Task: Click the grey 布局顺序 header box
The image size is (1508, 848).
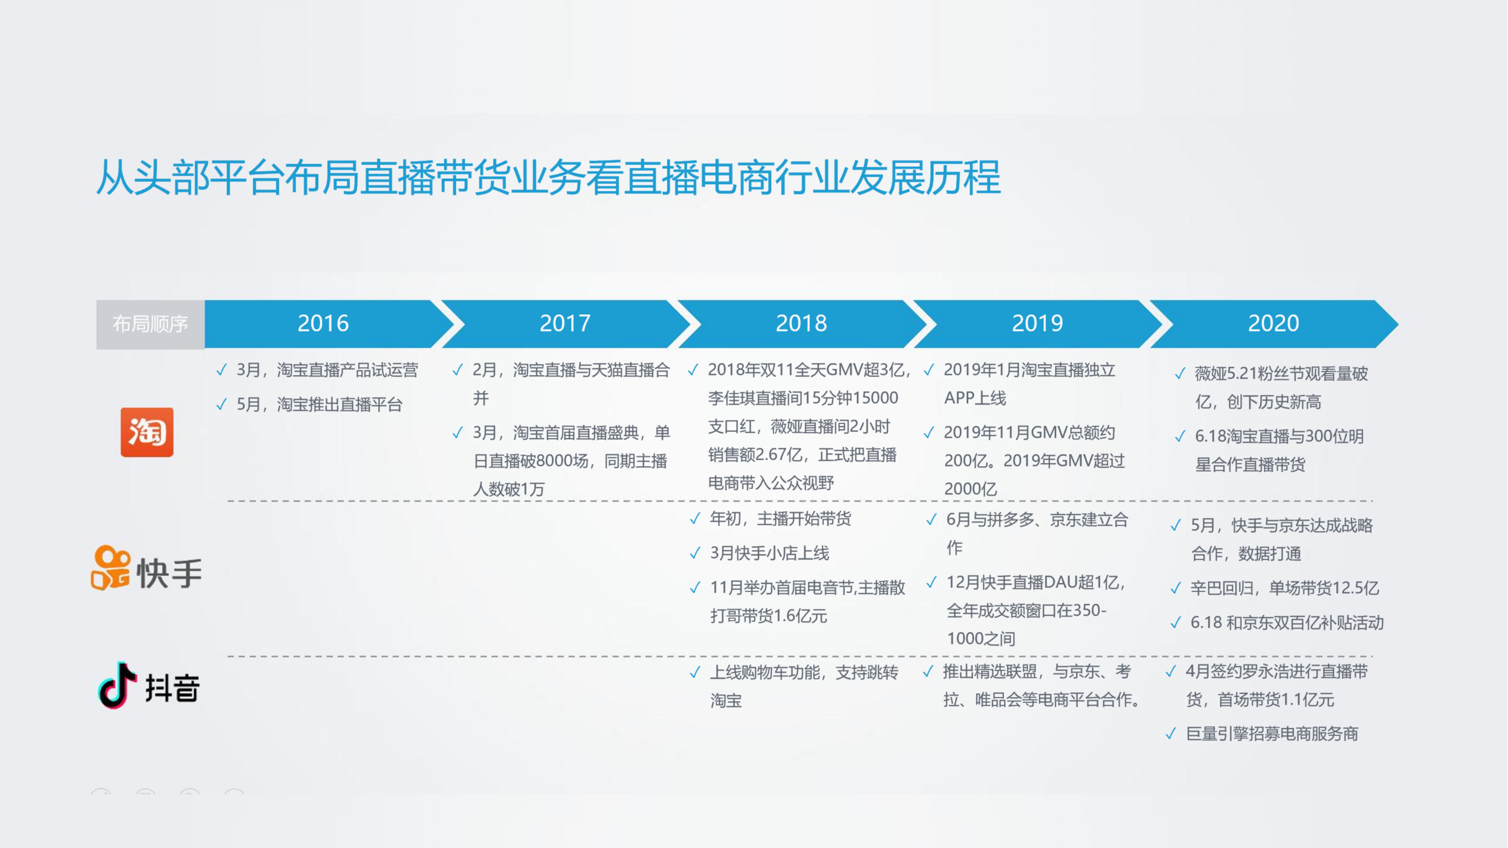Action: coord(150,324)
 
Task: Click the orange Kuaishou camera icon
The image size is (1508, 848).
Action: coord(111,568)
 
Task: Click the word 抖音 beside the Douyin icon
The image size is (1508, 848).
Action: coord(173,688)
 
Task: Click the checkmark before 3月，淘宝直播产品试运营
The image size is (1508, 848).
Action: coord(221,370)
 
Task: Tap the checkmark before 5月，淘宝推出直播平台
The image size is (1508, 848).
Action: coord(221,404)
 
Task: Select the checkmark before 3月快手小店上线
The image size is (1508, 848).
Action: coord(695,553)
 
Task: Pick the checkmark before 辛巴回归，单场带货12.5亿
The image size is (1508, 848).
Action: coord(1176,588)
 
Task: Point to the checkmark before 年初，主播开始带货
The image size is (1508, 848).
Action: coord(695,518)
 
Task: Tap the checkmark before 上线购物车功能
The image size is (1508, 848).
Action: coord(695,673)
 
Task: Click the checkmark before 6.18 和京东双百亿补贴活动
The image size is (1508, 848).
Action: coord(1176,623)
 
